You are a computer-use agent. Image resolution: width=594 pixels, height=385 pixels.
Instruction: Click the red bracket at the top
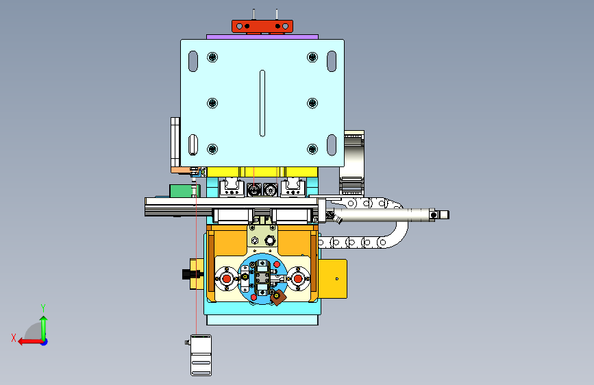[x=262, y=27]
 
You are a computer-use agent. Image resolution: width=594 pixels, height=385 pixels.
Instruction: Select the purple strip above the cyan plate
[x=262, y=37]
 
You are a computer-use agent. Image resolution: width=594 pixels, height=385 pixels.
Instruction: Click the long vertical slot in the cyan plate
[x=262, y=103]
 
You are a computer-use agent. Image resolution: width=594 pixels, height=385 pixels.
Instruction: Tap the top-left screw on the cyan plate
[x=212, y=58]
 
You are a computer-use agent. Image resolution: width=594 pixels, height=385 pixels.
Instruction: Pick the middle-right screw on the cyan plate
[x=312, y=103]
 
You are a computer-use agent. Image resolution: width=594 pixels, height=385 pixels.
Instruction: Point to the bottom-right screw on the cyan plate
[x=312, y=149]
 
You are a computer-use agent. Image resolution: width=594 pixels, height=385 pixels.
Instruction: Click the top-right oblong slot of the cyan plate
[x=332, y=62]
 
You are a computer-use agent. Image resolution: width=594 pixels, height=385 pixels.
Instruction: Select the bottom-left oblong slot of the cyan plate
[x=193, y=145]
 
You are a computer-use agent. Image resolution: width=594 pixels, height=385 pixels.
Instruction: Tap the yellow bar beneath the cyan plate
[x=262, y=172]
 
